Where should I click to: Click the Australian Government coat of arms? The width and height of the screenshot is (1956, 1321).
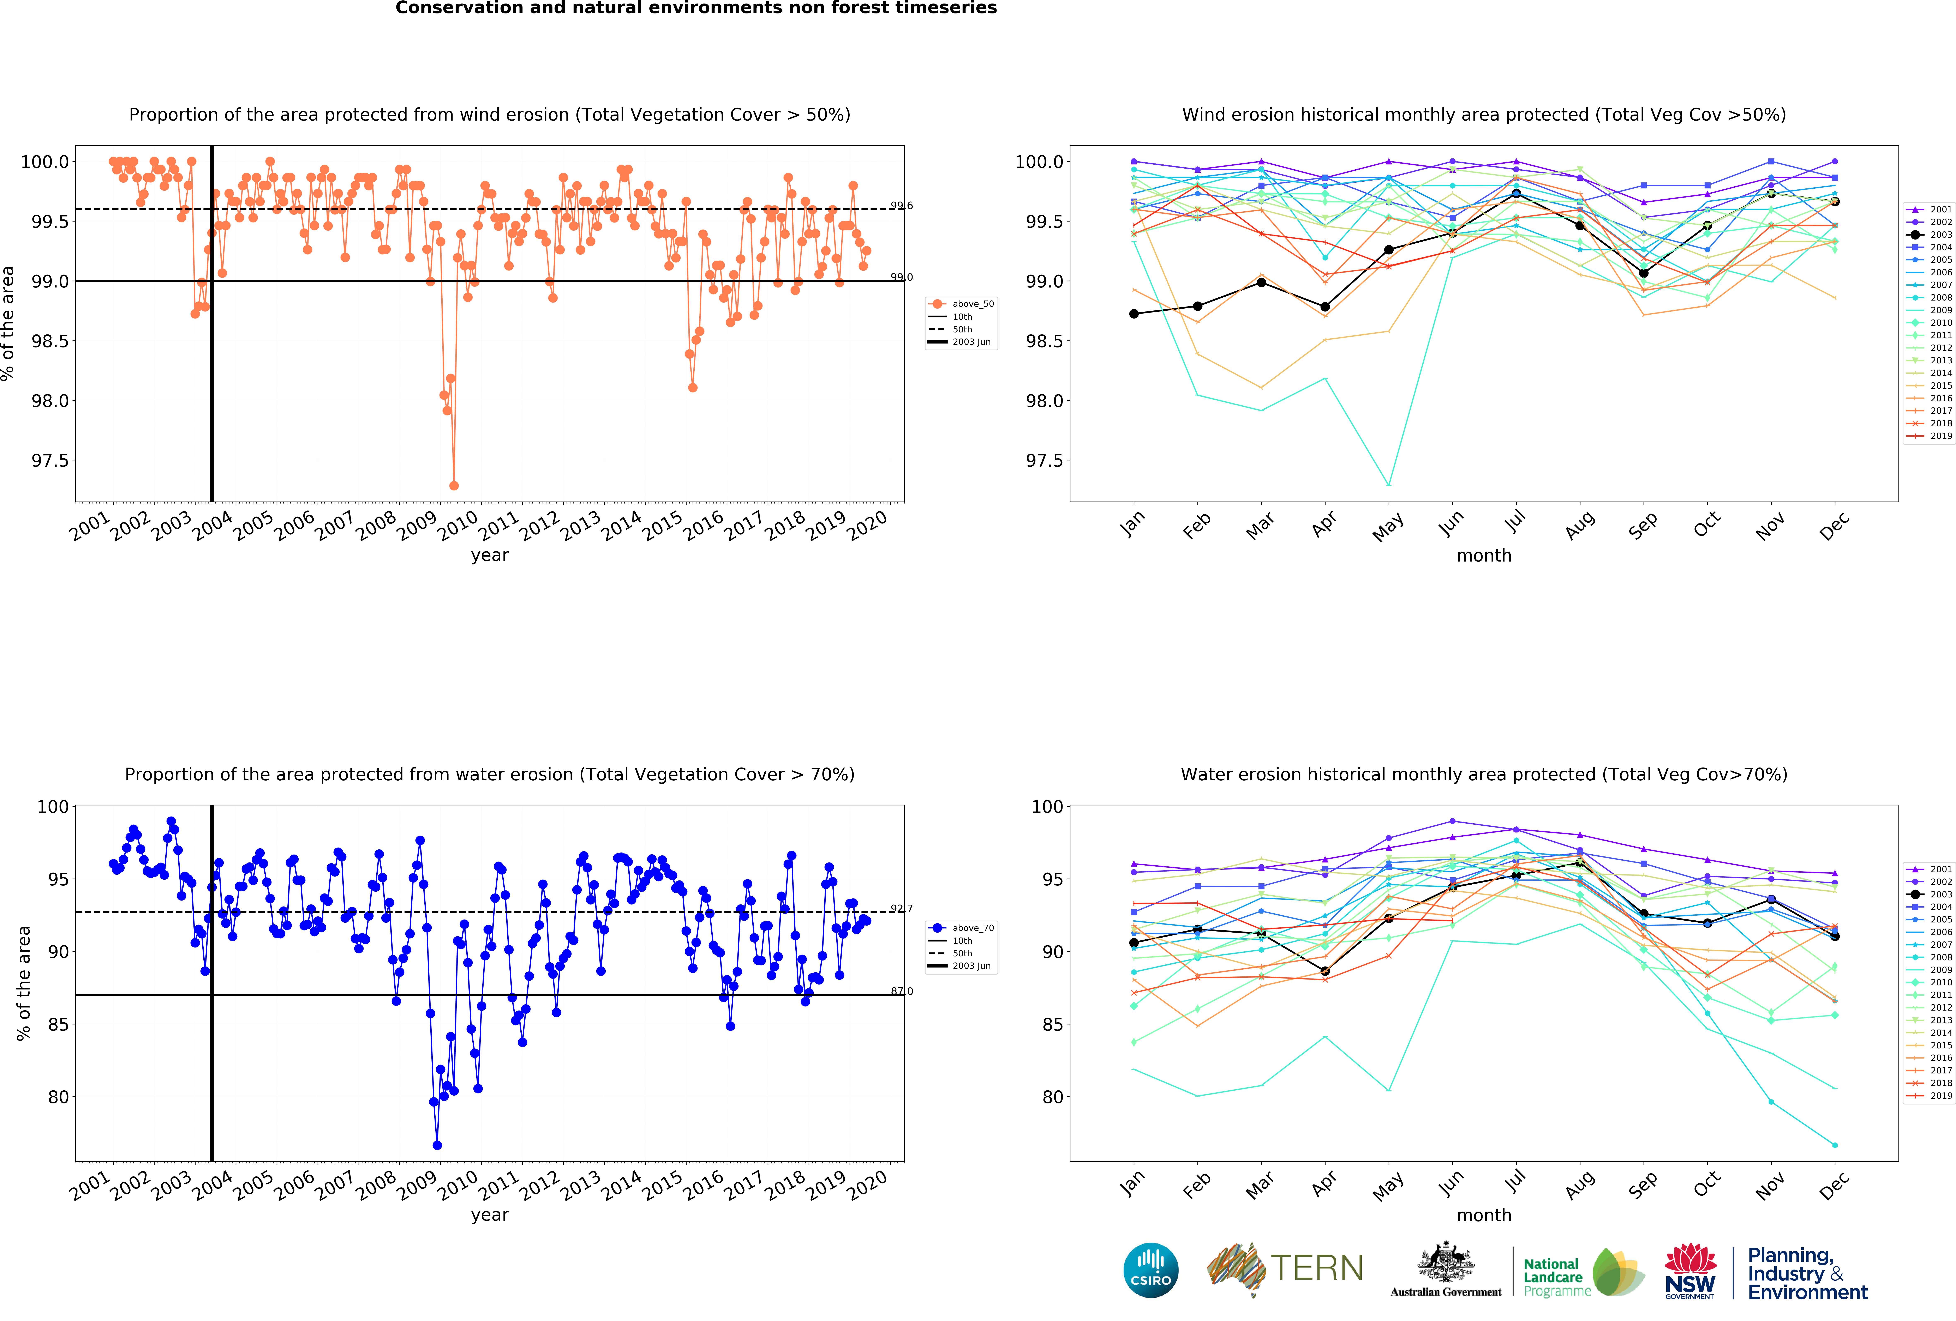1445,1262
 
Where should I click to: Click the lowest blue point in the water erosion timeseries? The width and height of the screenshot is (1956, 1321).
437,1145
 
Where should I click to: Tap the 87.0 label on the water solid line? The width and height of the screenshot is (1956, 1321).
901,991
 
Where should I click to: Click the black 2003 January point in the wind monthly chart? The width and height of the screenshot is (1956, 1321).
1134,314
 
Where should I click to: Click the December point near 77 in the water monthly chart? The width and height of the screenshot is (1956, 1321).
1835,1145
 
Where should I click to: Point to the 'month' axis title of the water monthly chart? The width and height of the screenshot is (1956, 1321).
1484,1215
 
